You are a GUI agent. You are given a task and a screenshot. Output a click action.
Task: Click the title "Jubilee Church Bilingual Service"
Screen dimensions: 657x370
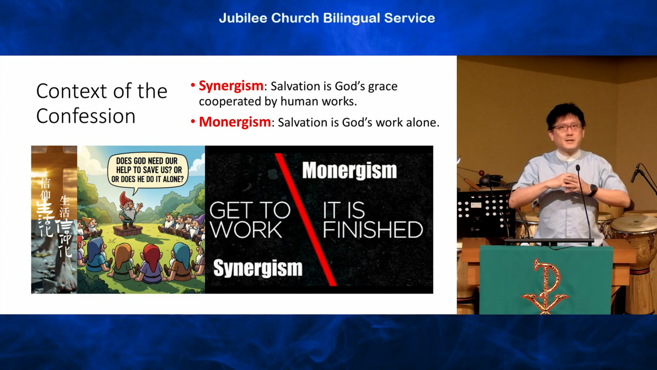pyautogui.click(x=327, y=18)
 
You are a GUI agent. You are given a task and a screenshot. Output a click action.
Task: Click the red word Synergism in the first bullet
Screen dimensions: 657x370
pyautogui.click(x=231, y=86)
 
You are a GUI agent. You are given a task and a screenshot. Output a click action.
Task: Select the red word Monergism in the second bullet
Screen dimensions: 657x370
pyautogui.click(x=235, y=122)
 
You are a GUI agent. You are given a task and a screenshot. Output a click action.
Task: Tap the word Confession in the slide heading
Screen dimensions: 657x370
pyautogui.click(x=86, y=116)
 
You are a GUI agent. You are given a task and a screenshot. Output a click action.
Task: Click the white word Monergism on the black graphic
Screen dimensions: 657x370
pyautogui.click(x=350, y=171)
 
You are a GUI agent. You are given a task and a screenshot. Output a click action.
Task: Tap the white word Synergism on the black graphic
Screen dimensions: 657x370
pyautogui.click(x=258, y=268)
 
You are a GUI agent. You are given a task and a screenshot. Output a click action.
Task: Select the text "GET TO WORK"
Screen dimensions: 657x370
pyautogui.click(x=250, y=220)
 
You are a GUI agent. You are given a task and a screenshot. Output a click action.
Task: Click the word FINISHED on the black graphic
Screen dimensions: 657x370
pyautogui.click(x=373, y=229)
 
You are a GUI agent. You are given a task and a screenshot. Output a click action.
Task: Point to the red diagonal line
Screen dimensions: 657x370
pyautogui.click(x=305, y=220)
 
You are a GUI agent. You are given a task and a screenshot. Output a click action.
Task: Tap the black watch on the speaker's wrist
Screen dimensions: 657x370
pyautogui.click(x=593, y=190)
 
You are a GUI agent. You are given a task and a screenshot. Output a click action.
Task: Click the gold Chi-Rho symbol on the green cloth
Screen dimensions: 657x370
pyautogui.click(x=545, y=285)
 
